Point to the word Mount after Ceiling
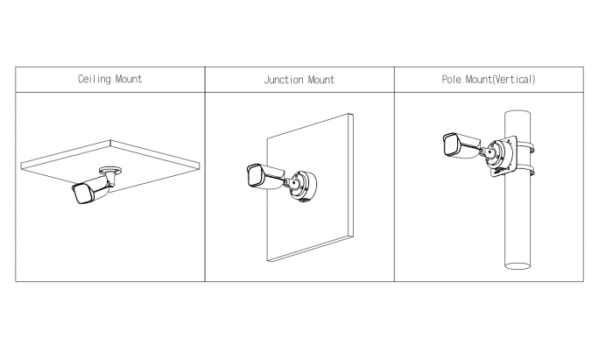[129, 80]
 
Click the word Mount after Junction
[321, 80]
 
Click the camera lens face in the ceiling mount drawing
[81, 194]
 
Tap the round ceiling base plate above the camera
[109, 171]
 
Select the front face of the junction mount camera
[255, 176]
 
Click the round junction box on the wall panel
[303, 186]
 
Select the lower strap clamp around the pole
[525, 170]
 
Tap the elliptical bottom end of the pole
[518, 265]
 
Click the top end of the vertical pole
[518, 113]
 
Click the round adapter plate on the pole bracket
[499, 154]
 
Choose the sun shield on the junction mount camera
[270, 172]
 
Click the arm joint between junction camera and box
[288, 182]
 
